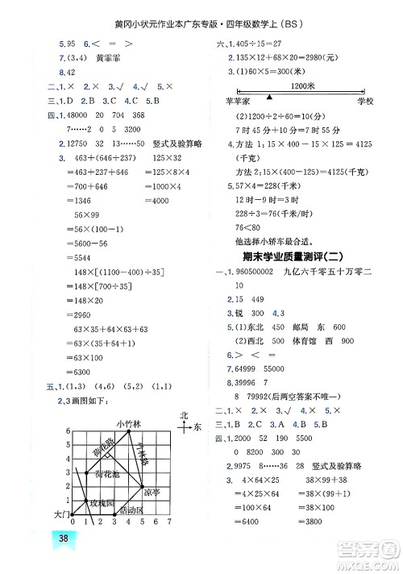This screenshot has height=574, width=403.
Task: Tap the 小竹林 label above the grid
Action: tap(127, 423)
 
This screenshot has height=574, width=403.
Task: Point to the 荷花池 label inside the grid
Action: tap(106, 474)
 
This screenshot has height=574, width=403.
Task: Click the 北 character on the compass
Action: tap(184, 415)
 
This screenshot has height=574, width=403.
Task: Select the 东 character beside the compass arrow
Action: tap(197, 426)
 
